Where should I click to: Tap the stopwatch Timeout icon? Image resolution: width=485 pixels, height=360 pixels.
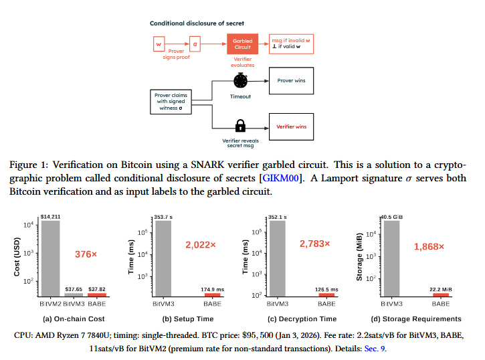pyautogui.click(x=241, y=81)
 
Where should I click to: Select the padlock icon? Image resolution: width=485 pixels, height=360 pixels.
pyautogui.click(x=241, y=126)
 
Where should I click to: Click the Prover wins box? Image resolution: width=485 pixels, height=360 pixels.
pyautogui.click(x=290, y=80)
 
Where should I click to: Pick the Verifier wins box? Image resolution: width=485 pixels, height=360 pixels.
pyautogui.click(x=290, y=126)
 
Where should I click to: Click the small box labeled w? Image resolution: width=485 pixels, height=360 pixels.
pyautogui.click(x=159, y=45)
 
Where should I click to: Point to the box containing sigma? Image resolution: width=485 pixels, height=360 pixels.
pyautogui.click(x=195, y=45)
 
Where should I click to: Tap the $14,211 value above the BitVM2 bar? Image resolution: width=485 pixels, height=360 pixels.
pyautogui.click(x=50, y=216)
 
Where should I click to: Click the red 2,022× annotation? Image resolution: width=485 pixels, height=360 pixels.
pyautogui.click(x=201, y=246)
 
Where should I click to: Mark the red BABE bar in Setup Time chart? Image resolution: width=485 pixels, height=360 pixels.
pyautogui.click(x=212, y=294)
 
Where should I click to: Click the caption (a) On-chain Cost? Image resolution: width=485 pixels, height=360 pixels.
pyautogui.click(x=73, y=319)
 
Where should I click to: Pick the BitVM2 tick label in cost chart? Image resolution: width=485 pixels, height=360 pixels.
pyautogui.click(x=50, y=304)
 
